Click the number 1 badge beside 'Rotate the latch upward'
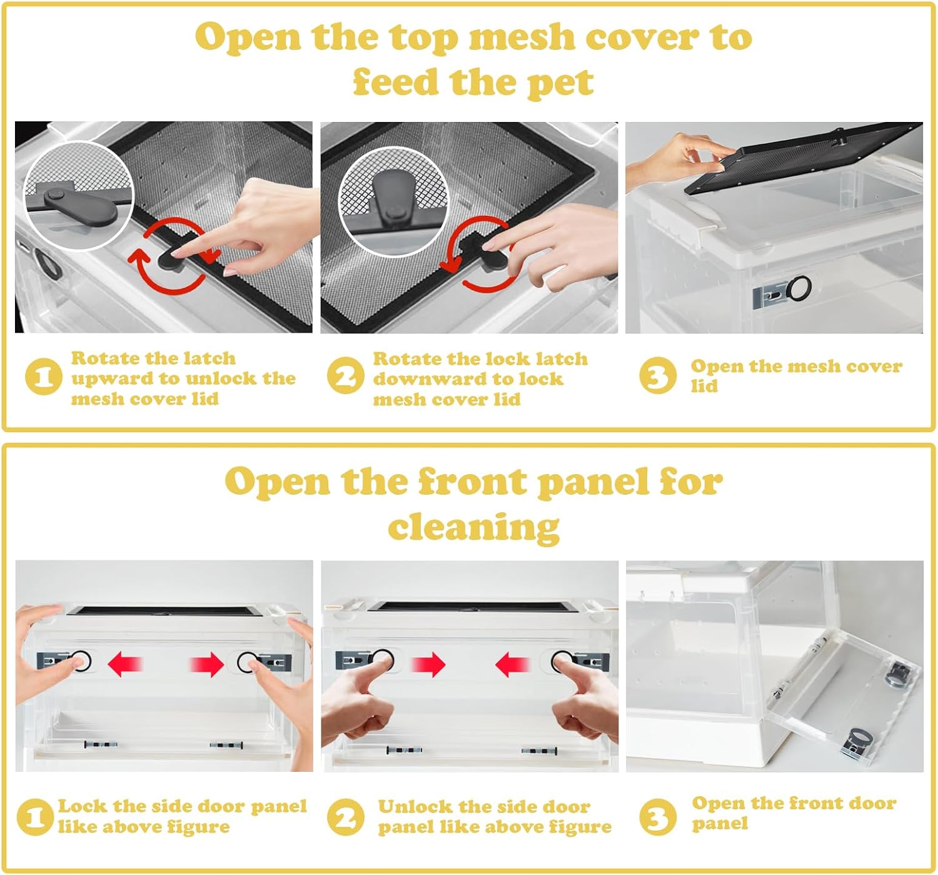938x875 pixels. tap(43, 377)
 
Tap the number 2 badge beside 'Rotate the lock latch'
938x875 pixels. tap(346, 376)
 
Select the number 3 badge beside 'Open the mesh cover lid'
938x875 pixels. tap(658, 376)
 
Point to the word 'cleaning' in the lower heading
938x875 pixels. tap(474, 528)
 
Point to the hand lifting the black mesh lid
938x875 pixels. tap(680, 161)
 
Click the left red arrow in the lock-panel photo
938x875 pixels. tap(124, 664)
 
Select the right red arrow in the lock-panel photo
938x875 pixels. tap(207, 664)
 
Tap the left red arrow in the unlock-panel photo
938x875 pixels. tap(428, 664)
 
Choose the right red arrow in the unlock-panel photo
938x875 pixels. tap(512, 664)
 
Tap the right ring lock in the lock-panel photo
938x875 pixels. tap(247, 662)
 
